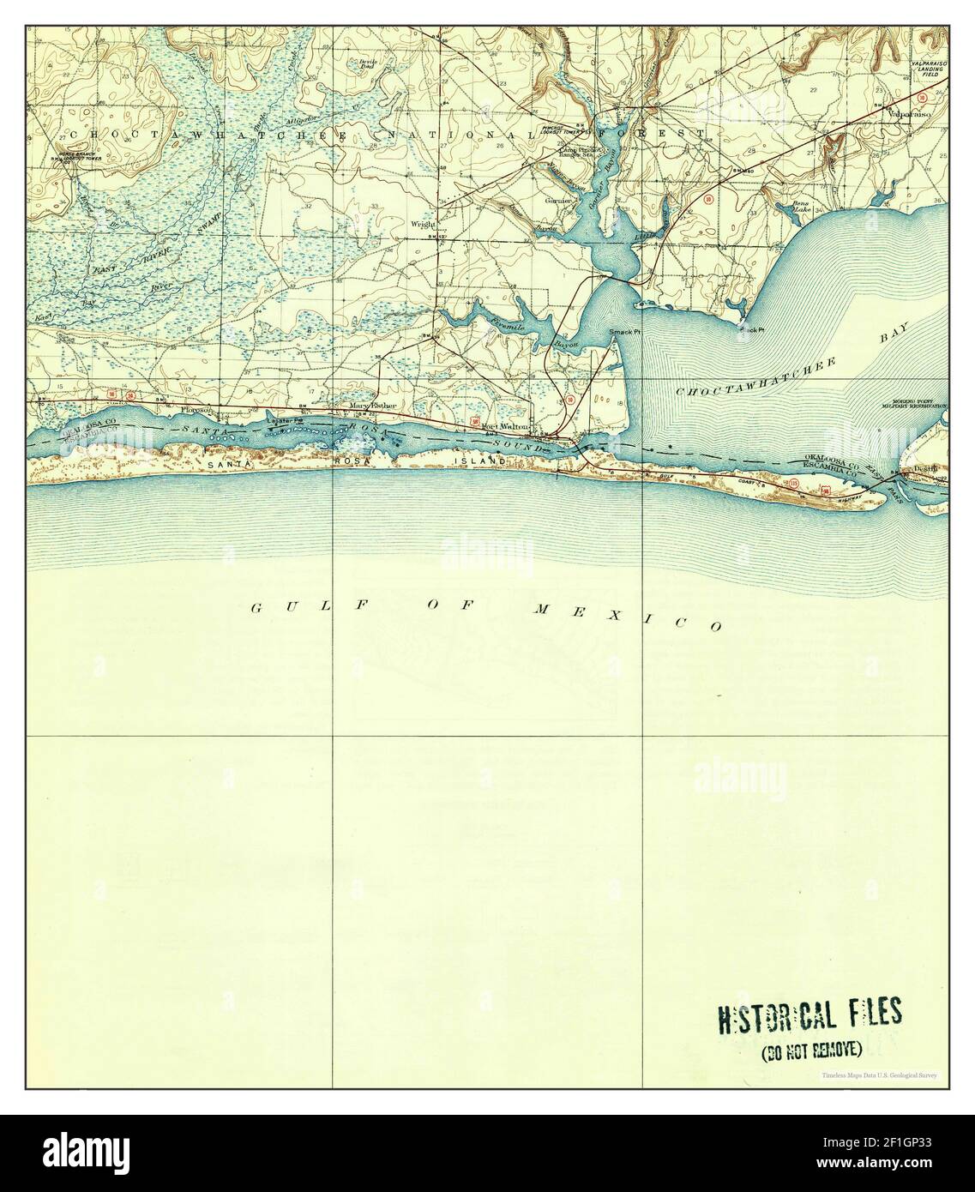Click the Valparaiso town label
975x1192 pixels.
tap(910, 112)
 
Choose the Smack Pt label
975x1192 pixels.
tap(625, 331)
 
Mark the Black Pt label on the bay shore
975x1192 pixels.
tap(751, 329)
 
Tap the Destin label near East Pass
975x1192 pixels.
tap(924, 470)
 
